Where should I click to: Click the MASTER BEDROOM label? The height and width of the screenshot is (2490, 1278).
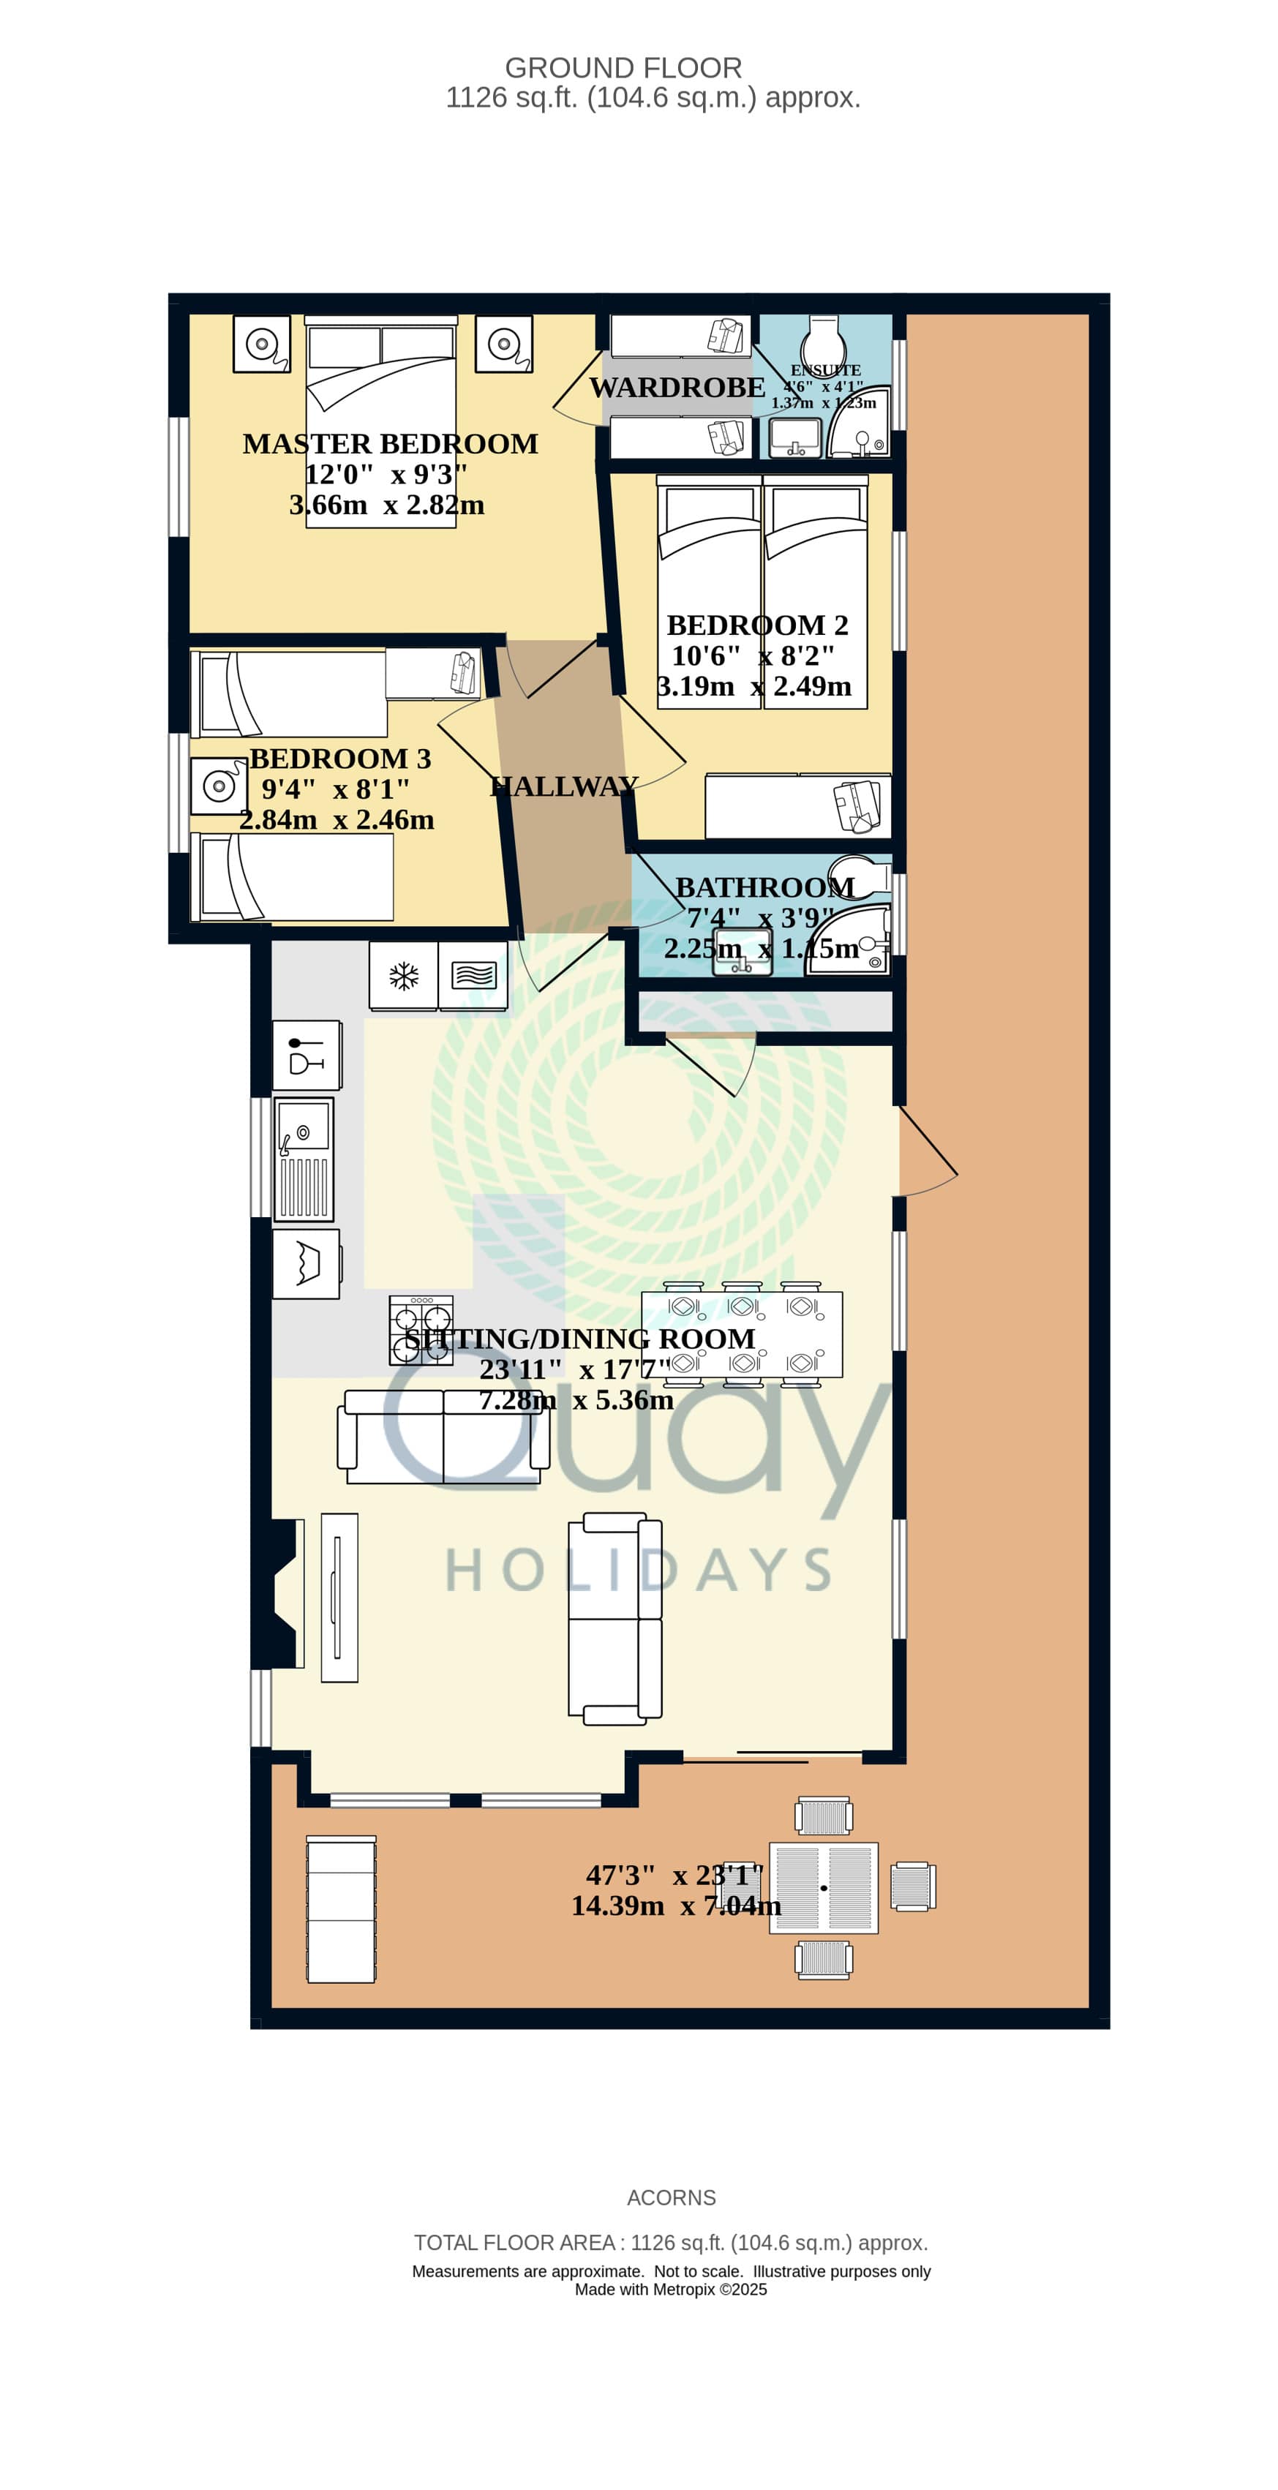(391, 444)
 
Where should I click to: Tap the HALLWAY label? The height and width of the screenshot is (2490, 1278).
(565, 787)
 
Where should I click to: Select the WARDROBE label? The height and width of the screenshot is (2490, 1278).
(677, 388)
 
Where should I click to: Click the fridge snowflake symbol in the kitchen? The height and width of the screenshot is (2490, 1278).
(404, 977)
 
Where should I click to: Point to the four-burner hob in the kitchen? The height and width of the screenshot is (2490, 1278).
(421, 1330)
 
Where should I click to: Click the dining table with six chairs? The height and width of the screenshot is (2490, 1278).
(743, 1334)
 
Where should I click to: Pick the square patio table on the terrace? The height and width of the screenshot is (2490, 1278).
(824, 1888)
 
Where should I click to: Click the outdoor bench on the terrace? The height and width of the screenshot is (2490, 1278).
(341, 1909)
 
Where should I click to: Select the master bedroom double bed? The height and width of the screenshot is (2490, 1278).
(381, 421)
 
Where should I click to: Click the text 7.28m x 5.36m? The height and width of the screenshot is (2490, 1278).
(576, 1399)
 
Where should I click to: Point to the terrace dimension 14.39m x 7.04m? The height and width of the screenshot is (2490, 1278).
(676, 1906)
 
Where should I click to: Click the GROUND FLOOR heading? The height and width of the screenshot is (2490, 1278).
(623, 67)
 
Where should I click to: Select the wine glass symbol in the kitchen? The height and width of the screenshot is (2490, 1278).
(307, 1056)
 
